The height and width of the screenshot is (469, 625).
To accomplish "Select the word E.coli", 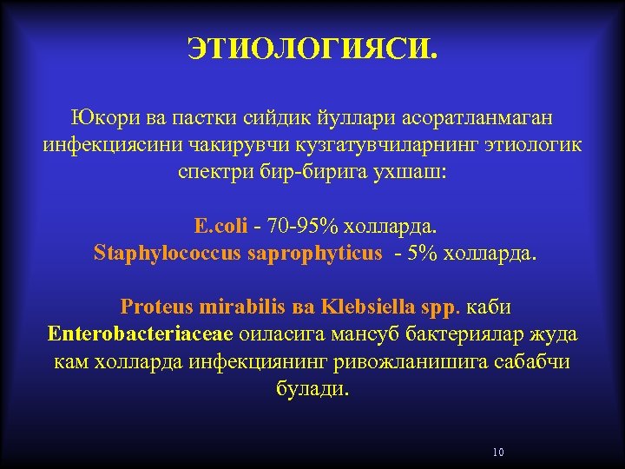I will (221, 227).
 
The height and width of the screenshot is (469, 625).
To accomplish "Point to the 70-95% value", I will (304, 227).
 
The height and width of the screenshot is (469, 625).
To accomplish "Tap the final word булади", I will (312, 388).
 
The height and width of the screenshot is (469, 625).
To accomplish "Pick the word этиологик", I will (529, 143).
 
